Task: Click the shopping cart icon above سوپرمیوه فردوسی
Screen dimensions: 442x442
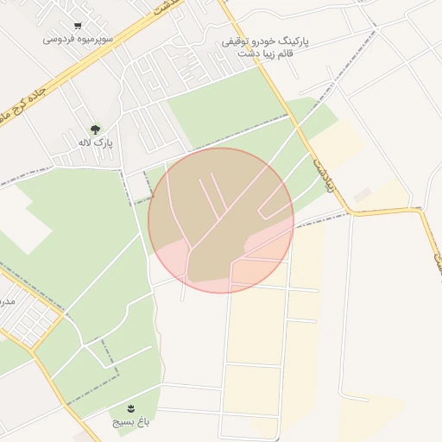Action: point(79,26)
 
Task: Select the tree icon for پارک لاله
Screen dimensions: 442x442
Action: point(95,129)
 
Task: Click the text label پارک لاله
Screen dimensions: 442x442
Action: point(95,142)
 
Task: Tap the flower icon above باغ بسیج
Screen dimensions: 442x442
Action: point(131,407)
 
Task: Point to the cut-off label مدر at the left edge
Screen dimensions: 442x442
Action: point(7,301)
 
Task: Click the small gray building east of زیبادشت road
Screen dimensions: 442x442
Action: point(363,196)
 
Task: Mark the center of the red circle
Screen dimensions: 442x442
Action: point(221,220)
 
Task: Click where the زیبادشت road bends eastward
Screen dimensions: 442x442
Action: point(352,210)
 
